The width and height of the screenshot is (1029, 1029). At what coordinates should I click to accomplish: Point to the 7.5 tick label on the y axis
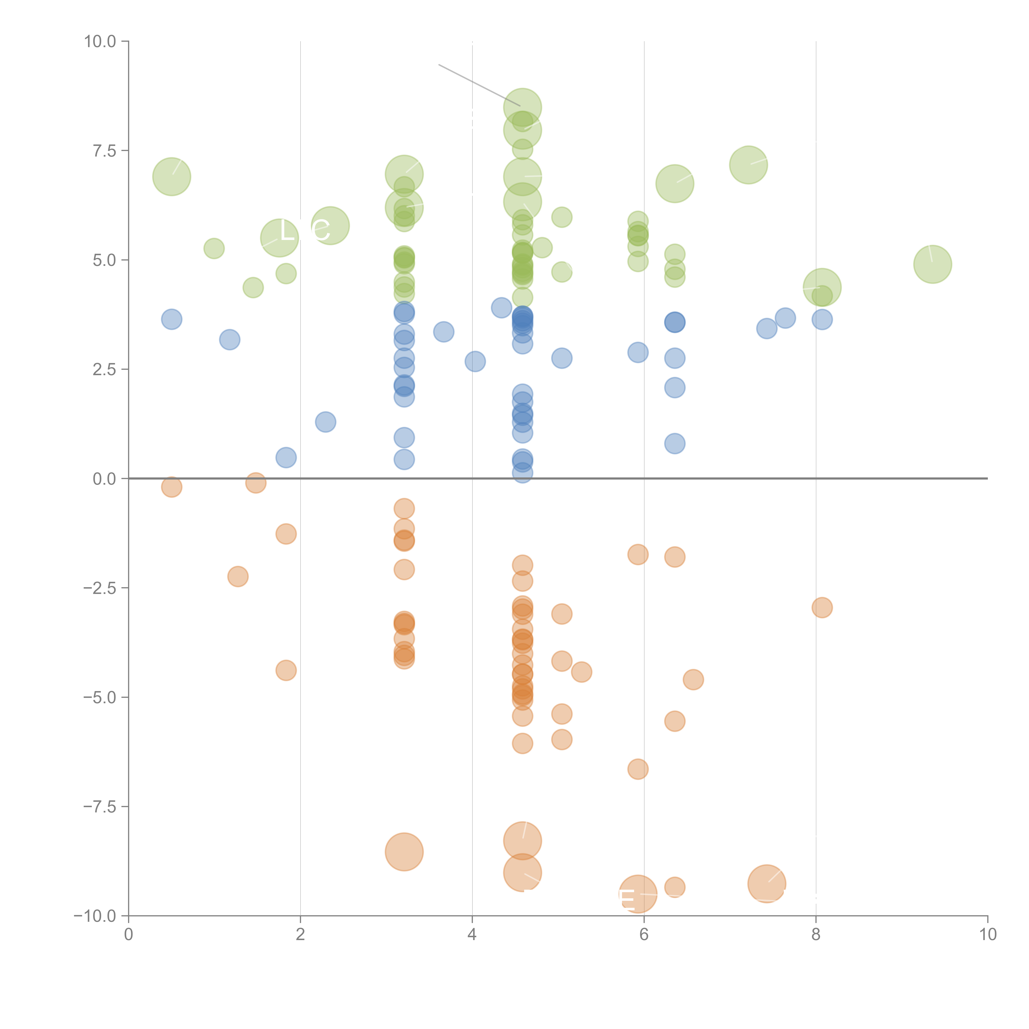[x=104, y=151]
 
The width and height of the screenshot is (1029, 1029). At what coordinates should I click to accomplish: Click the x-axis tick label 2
[x=300, y=935]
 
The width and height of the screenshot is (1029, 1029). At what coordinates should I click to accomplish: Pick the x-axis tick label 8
[x=816, y=935]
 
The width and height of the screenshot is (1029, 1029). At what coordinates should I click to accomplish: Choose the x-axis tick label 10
[x=987, y=935]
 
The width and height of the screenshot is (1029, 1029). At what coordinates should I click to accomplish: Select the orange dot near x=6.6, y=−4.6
[x=693, y=680]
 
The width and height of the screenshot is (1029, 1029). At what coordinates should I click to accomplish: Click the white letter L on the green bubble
[x=286, y=231]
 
